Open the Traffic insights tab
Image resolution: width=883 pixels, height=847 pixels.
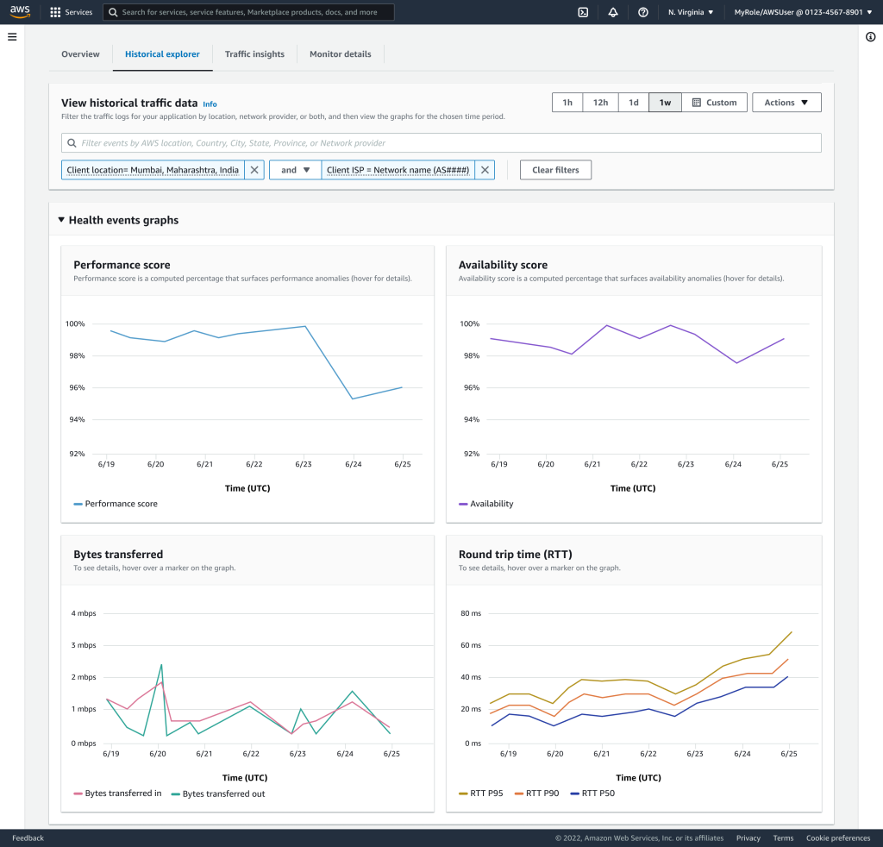coord(254,54)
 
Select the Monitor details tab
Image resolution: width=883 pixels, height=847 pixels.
coord(340,54)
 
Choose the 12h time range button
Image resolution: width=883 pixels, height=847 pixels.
coord(599,103)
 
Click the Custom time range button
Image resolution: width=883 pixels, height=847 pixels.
coord(714,103)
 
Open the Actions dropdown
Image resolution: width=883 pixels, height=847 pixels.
coord(786,103)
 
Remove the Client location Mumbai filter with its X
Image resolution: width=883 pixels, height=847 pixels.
coord(254,170)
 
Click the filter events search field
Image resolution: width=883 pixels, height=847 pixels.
coord(441,143)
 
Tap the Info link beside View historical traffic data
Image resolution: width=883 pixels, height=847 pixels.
coord(210,104)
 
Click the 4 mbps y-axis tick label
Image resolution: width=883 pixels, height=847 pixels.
coord(84,613)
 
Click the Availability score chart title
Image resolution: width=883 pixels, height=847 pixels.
coord(503,265)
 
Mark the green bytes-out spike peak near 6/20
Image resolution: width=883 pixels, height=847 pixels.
coord(160,664)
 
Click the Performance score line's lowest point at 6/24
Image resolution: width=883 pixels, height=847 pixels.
coord(353,398)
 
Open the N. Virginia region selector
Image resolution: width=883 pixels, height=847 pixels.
coord(691,12)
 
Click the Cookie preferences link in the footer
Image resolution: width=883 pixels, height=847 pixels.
coord(837,838)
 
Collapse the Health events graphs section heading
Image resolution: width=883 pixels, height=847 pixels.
coord(117,220)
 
